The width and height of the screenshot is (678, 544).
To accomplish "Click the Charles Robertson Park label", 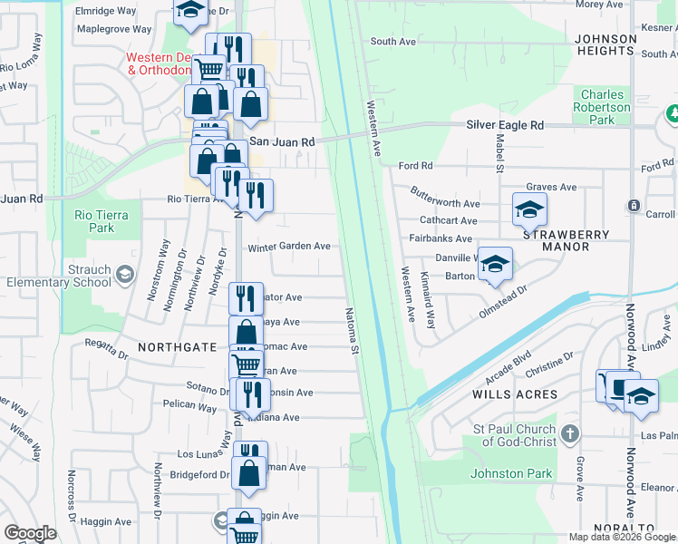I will [x=603, y=107].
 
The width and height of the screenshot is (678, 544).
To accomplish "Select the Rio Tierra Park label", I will [x=102, y=221].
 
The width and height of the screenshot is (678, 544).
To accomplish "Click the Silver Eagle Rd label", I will [x=505, y=125].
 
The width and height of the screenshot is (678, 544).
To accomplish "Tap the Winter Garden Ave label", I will [x=289, y=246].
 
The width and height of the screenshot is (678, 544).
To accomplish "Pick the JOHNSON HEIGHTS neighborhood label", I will [x=605, y=45].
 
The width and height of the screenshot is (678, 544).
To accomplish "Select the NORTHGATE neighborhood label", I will [x=177, y=347].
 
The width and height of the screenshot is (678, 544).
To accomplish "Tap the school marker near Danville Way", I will [x=495, y=265].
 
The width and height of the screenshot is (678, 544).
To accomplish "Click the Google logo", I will [x=31, y=532].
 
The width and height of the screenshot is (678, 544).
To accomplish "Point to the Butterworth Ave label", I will [x=444, y=203].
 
